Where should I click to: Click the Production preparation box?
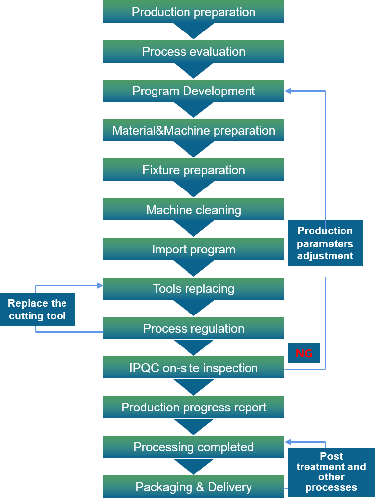193,12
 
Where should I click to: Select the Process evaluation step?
193,51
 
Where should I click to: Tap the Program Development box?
193,91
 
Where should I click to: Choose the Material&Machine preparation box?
193,130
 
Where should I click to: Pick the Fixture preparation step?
193,170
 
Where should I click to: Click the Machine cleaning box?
193,210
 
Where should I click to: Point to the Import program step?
193,249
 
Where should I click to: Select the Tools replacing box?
193,289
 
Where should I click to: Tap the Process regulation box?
193,328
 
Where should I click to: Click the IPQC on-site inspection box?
193,368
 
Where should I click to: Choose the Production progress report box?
193,408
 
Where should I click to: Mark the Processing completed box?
193,447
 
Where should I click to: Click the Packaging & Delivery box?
193,487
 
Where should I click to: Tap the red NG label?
304,353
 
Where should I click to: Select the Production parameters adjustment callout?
325,243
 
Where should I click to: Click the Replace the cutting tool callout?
37,310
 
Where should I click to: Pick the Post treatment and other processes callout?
331,472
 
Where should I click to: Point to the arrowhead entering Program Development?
288,91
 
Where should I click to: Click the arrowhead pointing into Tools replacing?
100,285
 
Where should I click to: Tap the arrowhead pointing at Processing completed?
288,442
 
